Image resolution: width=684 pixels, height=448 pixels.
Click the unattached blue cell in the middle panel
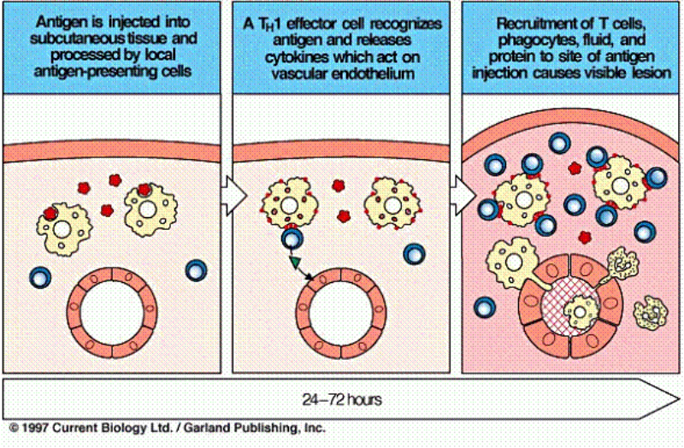[416, 254]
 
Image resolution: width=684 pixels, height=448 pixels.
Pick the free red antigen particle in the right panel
[586, 237]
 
